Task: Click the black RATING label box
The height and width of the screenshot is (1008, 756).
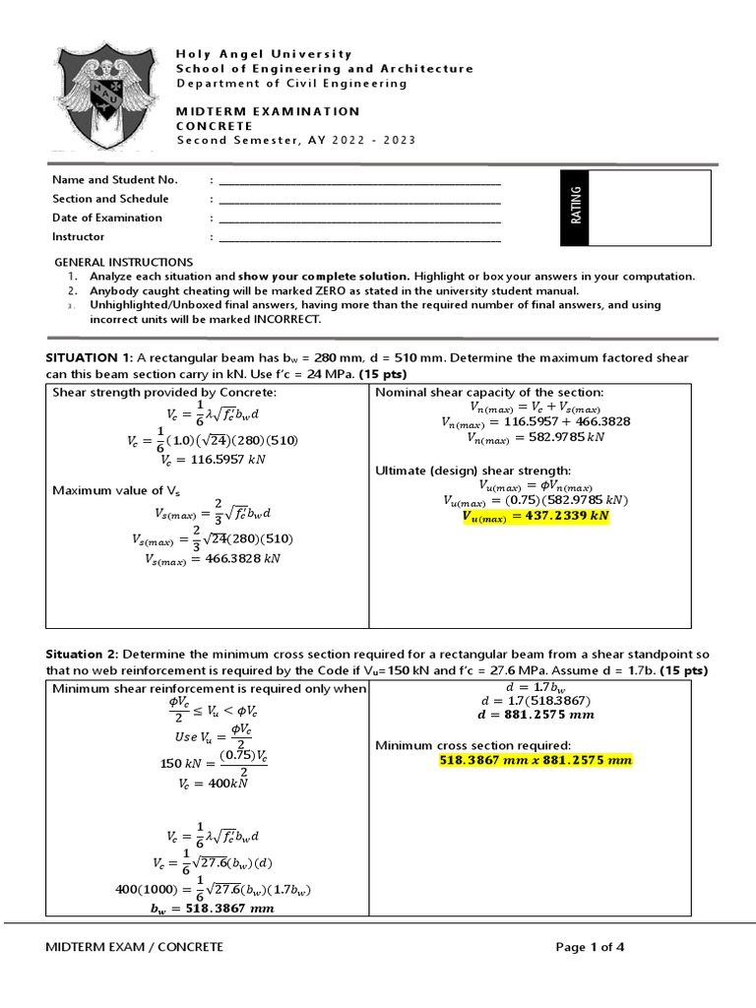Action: [x=577, y=207]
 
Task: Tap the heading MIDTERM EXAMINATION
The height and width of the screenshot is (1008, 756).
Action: [x=268, y=111]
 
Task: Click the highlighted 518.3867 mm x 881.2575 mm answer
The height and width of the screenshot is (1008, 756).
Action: [x=535, y=761]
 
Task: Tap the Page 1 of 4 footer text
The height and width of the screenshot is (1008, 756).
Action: [x=590, y=947]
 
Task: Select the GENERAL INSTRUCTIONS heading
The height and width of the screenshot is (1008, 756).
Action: [x=123, y=262]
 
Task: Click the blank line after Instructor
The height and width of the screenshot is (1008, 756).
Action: [x=359, y=238]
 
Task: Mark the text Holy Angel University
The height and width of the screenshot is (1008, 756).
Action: [x=263, y=53]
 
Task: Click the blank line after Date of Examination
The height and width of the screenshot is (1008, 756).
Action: [x=359, y=219]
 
